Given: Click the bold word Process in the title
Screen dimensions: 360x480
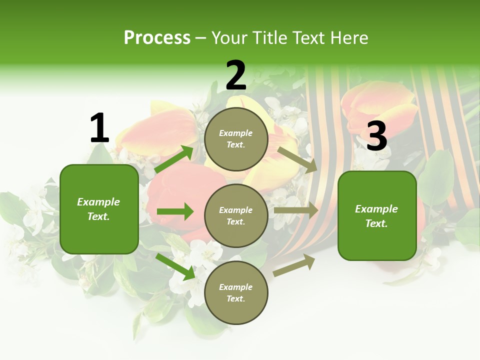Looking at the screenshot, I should (157, 38).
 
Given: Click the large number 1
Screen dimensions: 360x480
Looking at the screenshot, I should (99, 128).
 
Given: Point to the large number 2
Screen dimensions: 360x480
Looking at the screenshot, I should (236, 75).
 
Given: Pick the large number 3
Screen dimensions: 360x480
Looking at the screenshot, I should (376, 136).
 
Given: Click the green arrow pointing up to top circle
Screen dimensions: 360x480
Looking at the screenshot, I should (174, 159).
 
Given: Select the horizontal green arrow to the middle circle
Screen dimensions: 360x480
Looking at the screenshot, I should (175, 211).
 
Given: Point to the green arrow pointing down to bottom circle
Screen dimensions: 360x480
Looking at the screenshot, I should (175, 266).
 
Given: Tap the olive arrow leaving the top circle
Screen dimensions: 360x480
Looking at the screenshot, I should (298, 159).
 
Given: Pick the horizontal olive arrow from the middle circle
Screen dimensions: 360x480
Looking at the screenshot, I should (296, 210).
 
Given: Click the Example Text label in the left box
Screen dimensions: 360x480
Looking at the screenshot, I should (99, 209).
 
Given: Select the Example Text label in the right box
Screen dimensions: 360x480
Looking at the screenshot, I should (377, 216).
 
